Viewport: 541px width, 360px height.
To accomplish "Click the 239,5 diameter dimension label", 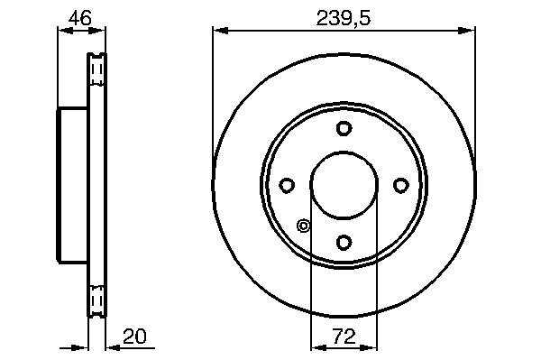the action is click(344, 18).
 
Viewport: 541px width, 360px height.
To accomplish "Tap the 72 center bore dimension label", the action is click(344, 336).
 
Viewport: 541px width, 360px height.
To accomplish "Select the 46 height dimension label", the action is click(80, 18).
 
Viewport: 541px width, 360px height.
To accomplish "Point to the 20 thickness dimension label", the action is click(134, 337).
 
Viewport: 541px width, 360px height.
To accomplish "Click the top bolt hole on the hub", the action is click(344, 128).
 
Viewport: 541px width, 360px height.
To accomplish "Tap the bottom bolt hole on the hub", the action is click(344, 242).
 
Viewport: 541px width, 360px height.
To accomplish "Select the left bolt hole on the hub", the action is click(287, 185).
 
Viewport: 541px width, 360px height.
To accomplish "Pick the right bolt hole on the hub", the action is click(401, 185).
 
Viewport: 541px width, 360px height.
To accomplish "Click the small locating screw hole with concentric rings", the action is click(303, 226).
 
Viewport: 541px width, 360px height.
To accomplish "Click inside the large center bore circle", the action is click(344, 185).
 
